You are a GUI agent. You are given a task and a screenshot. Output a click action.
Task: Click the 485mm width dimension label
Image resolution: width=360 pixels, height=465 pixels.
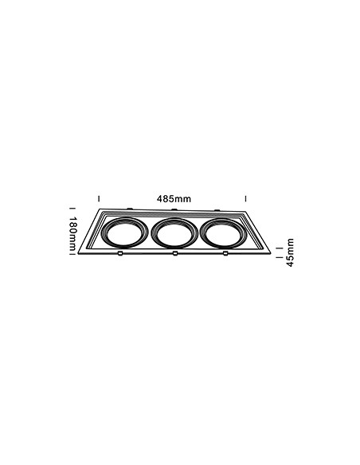point(174,199)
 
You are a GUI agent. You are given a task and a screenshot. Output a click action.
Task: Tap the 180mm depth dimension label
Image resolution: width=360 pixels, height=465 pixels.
point(73,233)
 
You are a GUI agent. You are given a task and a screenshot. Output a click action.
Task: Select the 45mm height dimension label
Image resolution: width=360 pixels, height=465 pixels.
point(290,252)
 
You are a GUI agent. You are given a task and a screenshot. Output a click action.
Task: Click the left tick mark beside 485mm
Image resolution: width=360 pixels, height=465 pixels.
point(99,198)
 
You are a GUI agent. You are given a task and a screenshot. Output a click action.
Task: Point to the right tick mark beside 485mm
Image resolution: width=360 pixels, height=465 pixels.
point(245,198)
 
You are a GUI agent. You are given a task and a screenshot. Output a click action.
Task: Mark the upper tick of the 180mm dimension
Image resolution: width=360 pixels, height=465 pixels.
point(71,208)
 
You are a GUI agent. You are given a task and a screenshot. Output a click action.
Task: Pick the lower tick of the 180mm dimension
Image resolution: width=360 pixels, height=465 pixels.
point(71,253)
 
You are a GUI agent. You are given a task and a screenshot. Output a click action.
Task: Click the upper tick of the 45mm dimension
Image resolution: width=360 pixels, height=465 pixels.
point(279,248)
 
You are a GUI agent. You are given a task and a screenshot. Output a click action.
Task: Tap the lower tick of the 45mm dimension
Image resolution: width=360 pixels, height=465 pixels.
point(279,257)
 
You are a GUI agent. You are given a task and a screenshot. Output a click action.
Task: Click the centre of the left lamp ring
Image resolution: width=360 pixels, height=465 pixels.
point(125,232)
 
